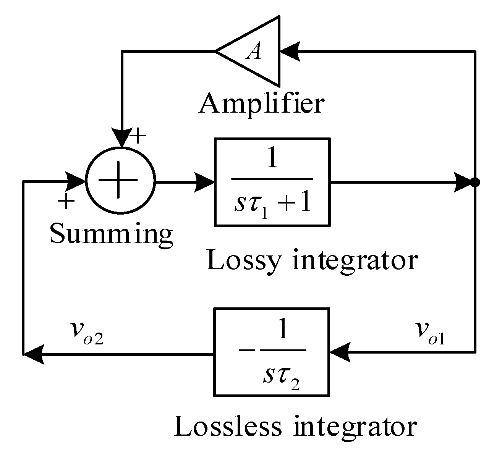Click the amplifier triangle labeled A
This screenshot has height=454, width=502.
[254, 51]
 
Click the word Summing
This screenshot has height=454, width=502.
[111, 234]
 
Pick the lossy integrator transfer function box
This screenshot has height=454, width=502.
[272, 182]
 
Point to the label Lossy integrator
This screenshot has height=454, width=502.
[312, 262]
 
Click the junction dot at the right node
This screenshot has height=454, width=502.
[475, 183]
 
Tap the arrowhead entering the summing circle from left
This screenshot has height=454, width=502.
[75, 182]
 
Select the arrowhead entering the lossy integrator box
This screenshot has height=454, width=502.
[204, 182]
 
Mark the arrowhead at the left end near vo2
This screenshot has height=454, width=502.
[33, 354]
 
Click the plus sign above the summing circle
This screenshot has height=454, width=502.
[138, 136]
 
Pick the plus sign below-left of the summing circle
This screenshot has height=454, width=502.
[66, 201]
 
